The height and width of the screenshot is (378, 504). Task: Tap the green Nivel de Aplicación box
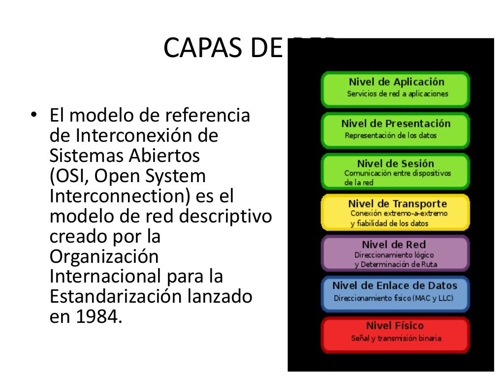(x=395, y=89)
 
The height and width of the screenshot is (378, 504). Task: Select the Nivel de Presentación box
(x=395, y=130)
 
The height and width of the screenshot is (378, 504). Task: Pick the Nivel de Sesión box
(x=395, y=171)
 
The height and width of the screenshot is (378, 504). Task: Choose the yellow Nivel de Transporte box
(x=395, y=212)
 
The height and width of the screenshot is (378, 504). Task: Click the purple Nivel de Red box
(x=395, y=253)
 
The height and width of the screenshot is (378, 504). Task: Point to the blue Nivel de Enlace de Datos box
(x=395, y=294)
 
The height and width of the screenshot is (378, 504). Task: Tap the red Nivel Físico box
(x=395, y=334)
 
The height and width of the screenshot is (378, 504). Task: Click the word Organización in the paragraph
(x=104, y=257)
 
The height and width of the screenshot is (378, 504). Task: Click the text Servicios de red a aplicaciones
(x=398, y=94)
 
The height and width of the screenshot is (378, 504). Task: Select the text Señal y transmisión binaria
(x=396, y=339)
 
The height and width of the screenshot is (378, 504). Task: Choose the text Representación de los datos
(x=390, y=135)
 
